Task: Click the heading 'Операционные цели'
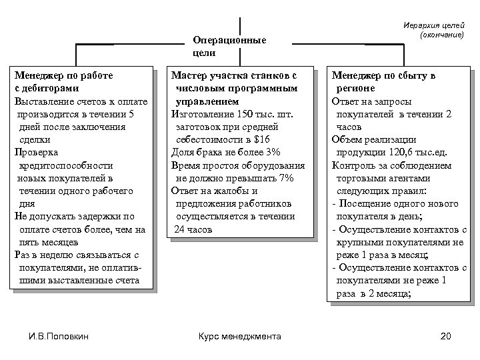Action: [x=228, y=46]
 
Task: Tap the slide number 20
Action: [x=447, y=336]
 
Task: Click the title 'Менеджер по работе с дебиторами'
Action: [x=64, y=81]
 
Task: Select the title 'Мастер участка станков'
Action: [x=233, y=75]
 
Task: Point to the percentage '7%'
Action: [x=285, y=178]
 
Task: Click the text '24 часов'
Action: [x=193, y=229]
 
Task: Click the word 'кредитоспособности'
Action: [x=65, y=165]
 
